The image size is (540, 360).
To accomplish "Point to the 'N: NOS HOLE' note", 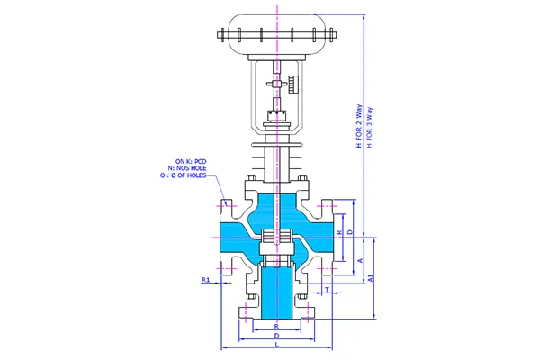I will pos(187,168).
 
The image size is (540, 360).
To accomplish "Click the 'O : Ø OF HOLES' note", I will pos(184,175).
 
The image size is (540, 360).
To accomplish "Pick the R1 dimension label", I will pos(205,281).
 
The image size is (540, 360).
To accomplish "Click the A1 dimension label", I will pos(372,281).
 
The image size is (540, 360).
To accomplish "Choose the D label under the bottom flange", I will pos(275,335).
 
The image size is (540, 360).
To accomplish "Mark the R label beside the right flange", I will pos(337,232).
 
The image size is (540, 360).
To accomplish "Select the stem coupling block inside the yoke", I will pos(275,114).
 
